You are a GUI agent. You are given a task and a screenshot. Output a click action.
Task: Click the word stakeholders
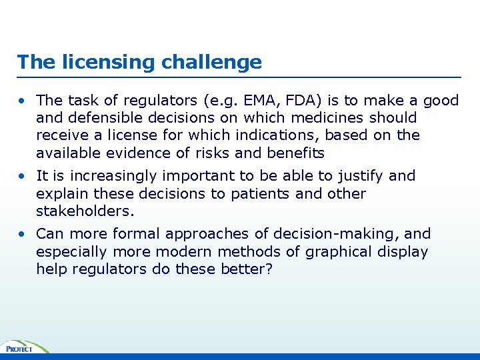tap(85, 211)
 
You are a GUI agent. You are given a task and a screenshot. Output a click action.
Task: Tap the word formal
tap(137, 234)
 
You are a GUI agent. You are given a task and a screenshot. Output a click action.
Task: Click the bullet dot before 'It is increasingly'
tap(22, 177)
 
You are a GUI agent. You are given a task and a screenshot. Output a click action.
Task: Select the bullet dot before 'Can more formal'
tap(22, 235)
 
